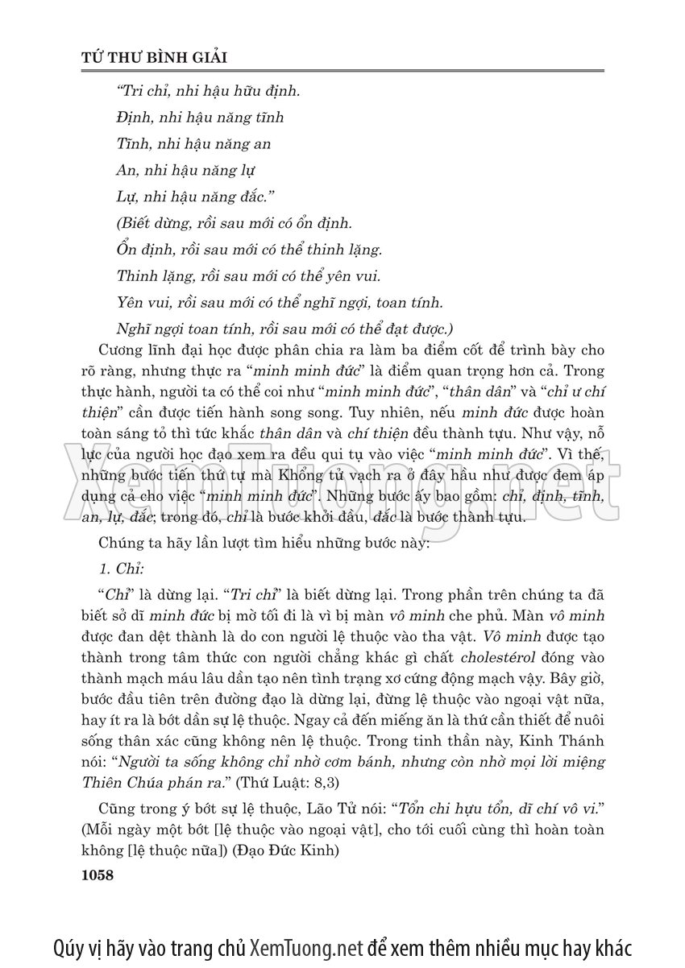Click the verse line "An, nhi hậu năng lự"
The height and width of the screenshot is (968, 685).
point(185,171)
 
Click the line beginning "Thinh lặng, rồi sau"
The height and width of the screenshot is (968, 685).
point(248,277)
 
